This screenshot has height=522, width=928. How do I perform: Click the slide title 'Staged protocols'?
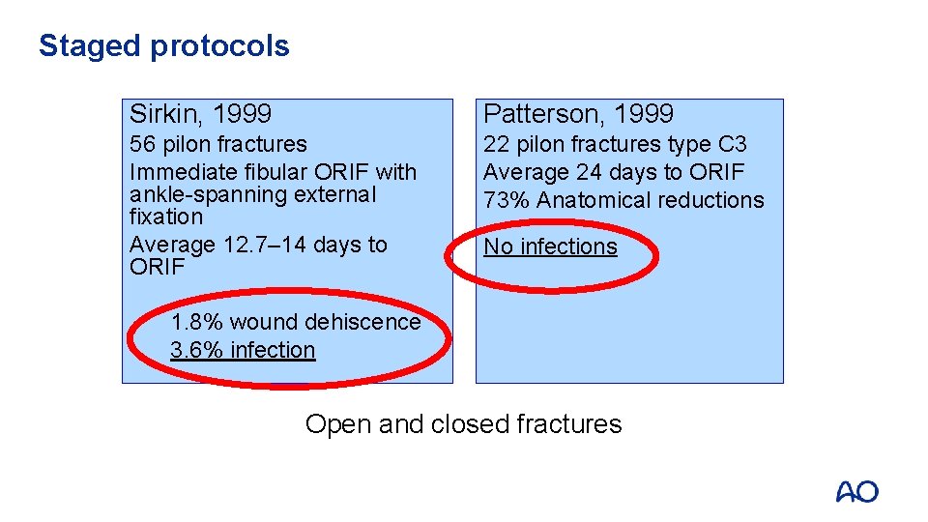pos(163,45)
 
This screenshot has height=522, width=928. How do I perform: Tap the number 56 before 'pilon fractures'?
pos(142,144)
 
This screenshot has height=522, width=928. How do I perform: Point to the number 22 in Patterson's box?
pos(496,144)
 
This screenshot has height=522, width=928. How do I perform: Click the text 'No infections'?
pos(550,246)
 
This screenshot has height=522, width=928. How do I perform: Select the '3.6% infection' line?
pos(243,350)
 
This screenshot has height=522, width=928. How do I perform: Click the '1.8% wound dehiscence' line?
pos(295,322)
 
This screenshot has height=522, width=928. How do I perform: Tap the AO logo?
pos(856,491)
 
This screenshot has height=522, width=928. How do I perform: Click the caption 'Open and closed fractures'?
pos(463,423)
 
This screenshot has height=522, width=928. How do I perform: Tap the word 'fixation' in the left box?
pos(165,217)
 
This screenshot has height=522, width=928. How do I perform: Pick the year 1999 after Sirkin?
pos(242,114)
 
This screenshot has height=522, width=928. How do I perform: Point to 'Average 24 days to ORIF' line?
pos(614,172)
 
